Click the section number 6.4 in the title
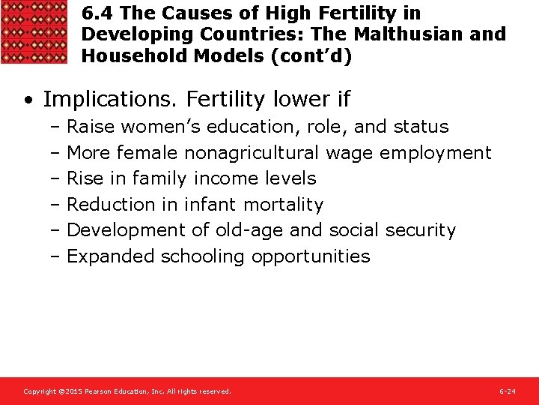[97, 13]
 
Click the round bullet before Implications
[28, 100]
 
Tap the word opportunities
[311, 256]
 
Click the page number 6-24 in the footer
[507, 391]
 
